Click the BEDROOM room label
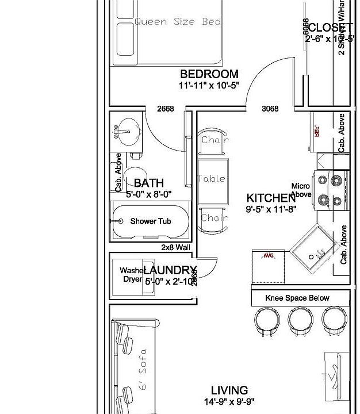click(209, 74)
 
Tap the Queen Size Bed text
click(178, 22)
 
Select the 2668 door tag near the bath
click(166, 109)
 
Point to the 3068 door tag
click(270, 109)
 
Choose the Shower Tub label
click(150, 221)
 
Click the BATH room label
click(148, 183)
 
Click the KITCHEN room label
click(271, 198)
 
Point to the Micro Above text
click(301, 190)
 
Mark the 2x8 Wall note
click(175, 247)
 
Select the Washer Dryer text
click(132, 275)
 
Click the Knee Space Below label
click(297, 298)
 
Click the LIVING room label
click(229, 390)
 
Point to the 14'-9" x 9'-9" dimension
click(229, 402)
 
